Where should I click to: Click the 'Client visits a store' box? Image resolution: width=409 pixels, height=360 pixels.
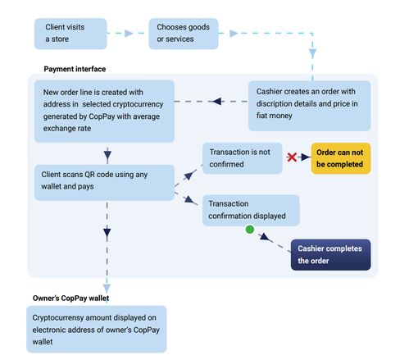[70, 34]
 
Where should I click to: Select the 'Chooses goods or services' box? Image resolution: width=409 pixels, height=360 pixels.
[184, 34]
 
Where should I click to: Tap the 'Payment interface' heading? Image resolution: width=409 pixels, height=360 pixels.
[75, 69]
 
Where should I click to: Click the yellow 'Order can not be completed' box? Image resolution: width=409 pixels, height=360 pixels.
[341, 158]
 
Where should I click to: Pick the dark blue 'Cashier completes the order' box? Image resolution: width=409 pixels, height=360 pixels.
[330, 255]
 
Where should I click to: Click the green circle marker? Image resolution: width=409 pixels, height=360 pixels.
[250, 229]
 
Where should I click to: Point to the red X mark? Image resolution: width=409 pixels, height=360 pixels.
[292, 157]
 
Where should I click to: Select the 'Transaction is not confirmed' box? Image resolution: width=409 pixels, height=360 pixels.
[243, 158]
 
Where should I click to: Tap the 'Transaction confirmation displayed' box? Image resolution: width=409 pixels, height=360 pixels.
[251, 210]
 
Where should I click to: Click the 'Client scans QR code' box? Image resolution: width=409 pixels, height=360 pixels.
[104, 183]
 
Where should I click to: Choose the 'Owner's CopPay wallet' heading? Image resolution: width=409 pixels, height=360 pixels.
[70, 298]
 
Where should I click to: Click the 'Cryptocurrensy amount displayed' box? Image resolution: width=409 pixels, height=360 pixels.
[97, 329]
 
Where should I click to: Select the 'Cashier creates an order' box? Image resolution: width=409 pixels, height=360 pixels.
[309, 106]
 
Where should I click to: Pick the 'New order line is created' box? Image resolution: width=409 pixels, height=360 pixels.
[104, 111]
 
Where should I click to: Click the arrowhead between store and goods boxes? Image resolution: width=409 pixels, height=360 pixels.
[129, 34]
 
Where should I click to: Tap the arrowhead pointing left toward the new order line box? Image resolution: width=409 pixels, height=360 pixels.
[217, 101]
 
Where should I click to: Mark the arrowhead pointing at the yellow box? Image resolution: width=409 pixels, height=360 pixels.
[306, 157]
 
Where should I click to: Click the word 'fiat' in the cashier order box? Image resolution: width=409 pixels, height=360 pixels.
[261, 116]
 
